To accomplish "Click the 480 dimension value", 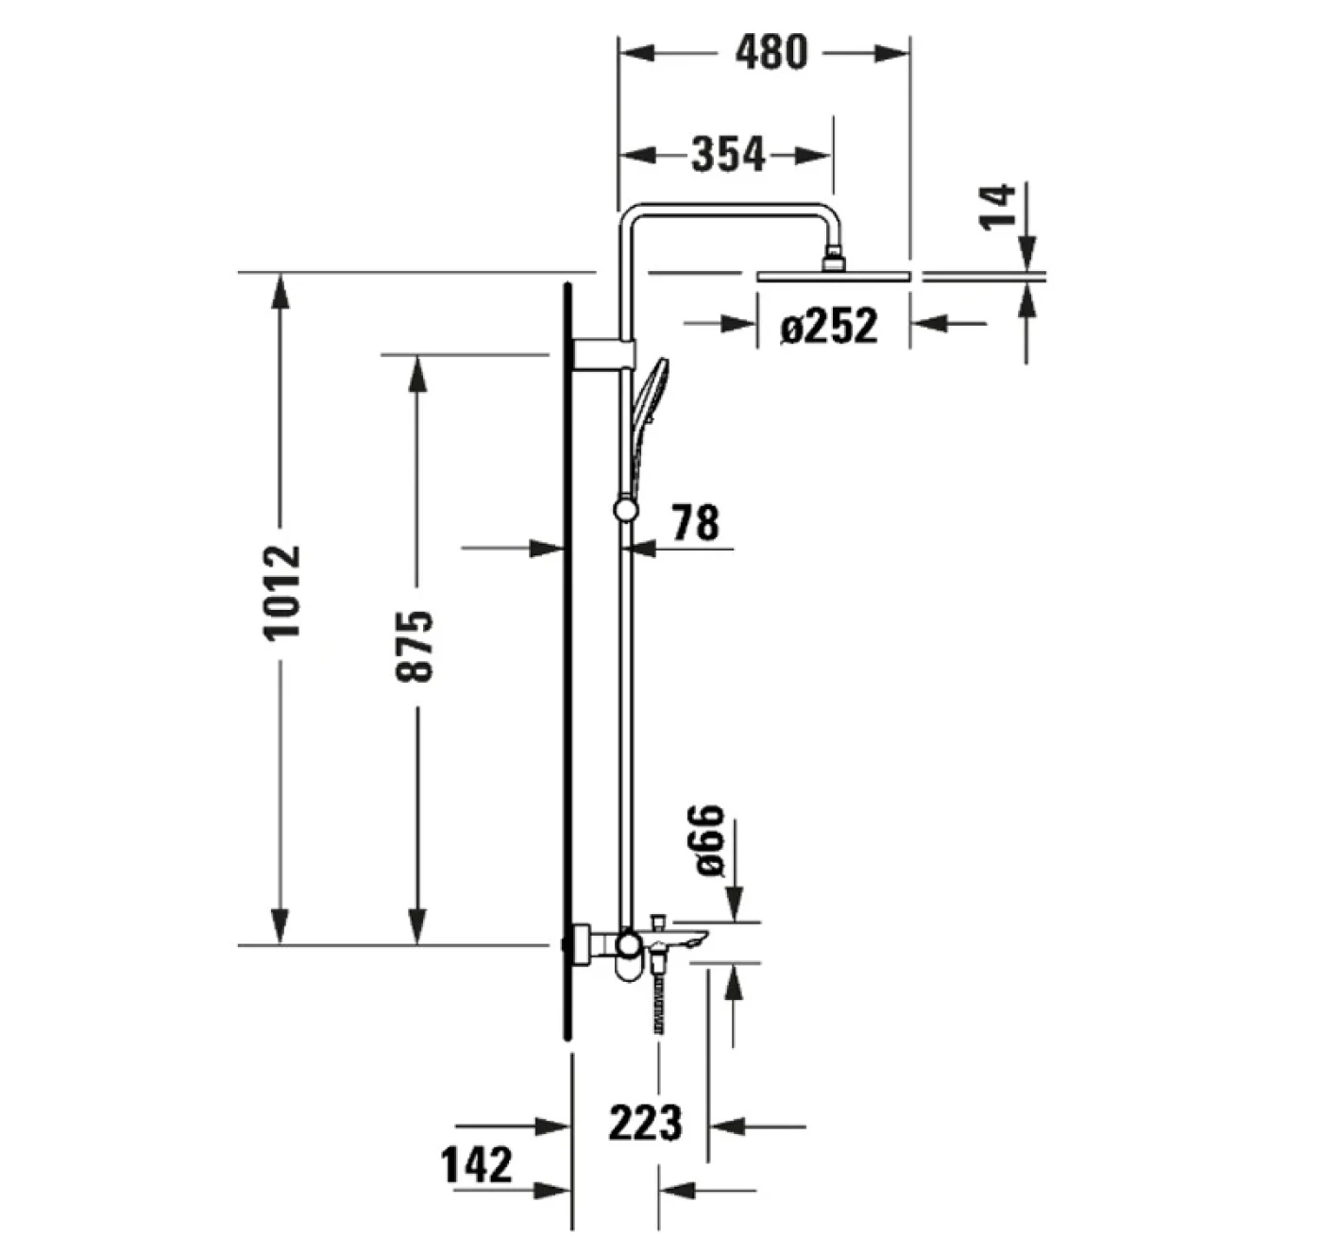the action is [x=771, y=53].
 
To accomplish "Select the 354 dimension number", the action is [x=728, y=154].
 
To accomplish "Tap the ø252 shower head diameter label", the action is [x=829, y=325].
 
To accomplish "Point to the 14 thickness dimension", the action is [x=997, y=207].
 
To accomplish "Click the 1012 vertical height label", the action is [x=281, y=593].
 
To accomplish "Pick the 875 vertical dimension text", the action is [x=415, y=647].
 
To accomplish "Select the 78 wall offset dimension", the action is [x=695, y=522].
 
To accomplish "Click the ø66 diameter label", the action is [x=710, y=840].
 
